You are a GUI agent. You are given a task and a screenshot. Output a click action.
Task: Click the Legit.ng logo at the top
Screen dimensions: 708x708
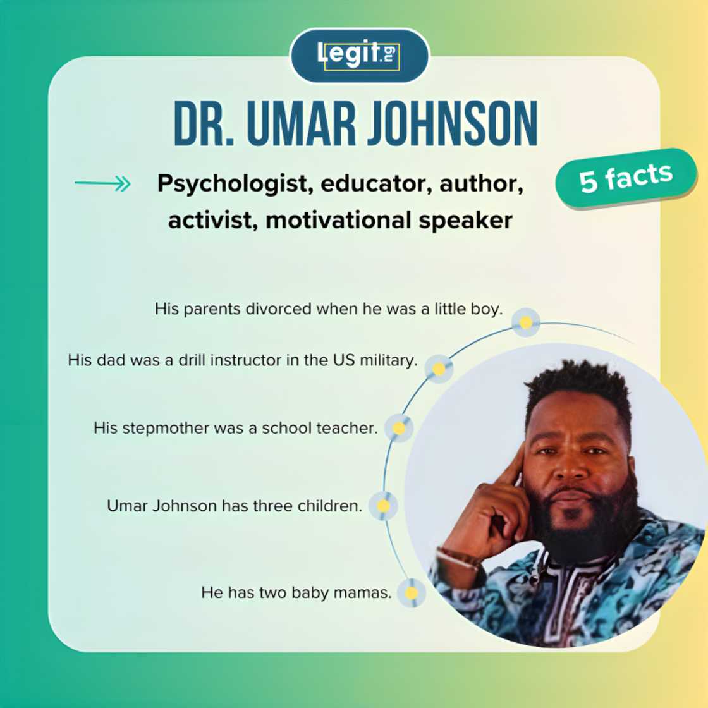pos(358,55)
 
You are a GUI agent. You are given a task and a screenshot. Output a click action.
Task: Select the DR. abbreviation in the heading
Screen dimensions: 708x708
pos(201,125)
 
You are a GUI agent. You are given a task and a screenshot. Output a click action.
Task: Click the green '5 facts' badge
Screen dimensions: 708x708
pos(625,178)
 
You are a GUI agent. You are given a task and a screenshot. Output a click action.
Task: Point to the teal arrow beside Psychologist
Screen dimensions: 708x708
pos(103,184)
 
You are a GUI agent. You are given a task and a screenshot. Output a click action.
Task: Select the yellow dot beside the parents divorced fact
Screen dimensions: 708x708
pos(526,322)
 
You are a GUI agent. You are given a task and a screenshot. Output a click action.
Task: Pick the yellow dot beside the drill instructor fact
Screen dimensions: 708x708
pos(438,369)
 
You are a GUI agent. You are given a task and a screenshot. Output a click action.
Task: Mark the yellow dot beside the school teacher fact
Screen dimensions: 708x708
pos(399,428)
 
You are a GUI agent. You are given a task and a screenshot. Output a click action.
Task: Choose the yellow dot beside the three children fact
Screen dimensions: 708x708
pos(383,506)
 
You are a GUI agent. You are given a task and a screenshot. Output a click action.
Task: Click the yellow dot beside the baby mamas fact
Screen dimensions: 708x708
pos(412,593)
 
